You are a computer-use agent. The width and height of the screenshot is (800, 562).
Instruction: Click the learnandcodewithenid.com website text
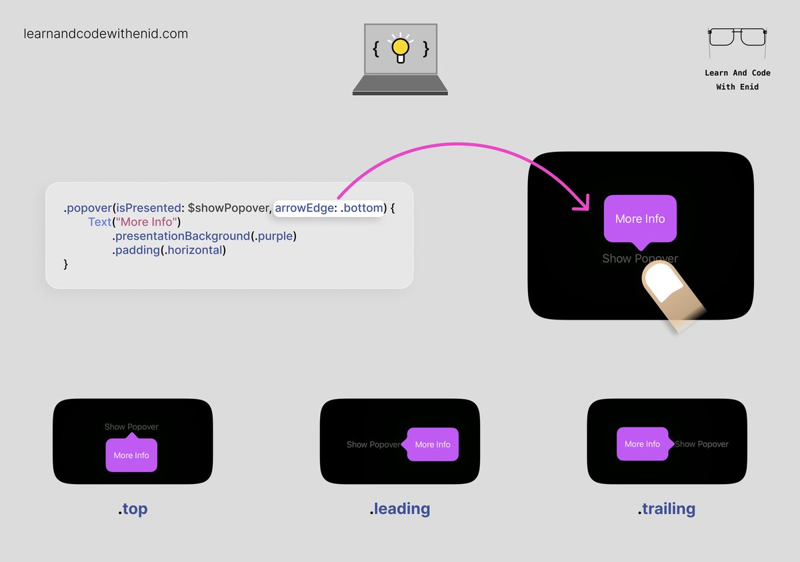click(x=105, y=33)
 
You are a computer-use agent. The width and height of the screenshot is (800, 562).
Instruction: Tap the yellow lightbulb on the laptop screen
click(x=400, y=47)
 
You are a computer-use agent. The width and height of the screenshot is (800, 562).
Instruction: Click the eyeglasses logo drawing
click(x=737, y=37)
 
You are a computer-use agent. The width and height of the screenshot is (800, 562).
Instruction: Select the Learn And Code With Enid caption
click(x=737, y=80)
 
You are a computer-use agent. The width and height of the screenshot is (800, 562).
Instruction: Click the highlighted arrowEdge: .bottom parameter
click(x=329, y=208)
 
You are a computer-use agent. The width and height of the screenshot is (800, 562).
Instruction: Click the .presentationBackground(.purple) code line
click(x=204, y=236)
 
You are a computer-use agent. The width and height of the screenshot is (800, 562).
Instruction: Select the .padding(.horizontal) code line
click(x=169, y=250)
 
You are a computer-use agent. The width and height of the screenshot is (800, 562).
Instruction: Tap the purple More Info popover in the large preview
click(x=640, y=218)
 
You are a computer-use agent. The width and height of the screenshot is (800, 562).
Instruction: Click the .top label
click(x=133, y=509)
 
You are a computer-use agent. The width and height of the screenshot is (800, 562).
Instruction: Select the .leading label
click(x=400, y=509)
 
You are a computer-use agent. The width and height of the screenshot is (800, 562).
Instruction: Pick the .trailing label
click(x=667, y=509)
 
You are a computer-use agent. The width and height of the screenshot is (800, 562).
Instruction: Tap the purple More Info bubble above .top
click(x=131, y=455)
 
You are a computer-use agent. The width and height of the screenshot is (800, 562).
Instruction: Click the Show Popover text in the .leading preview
click(x=373, y=445)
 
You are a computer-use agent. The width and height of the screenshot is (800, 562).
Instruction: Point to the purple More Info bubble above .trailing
click(x=643, y=444)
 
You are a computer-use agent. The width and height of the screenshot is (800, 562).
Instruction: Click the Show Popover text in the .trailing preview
click(x=702, y=444)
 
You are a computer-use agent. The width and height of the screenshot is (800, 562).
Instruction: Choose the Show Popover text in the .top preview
click(x=131, y=427)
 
